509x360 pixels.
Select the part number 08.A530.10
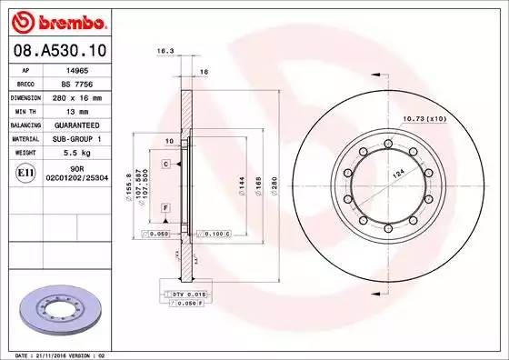[x=59, y=46]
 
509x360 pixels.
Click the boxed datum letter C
[x=166, y=164]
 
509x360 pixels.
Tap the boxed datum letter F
[x=166, y=208]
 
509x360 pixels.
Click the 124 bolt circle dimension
[x=397, y=172]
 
